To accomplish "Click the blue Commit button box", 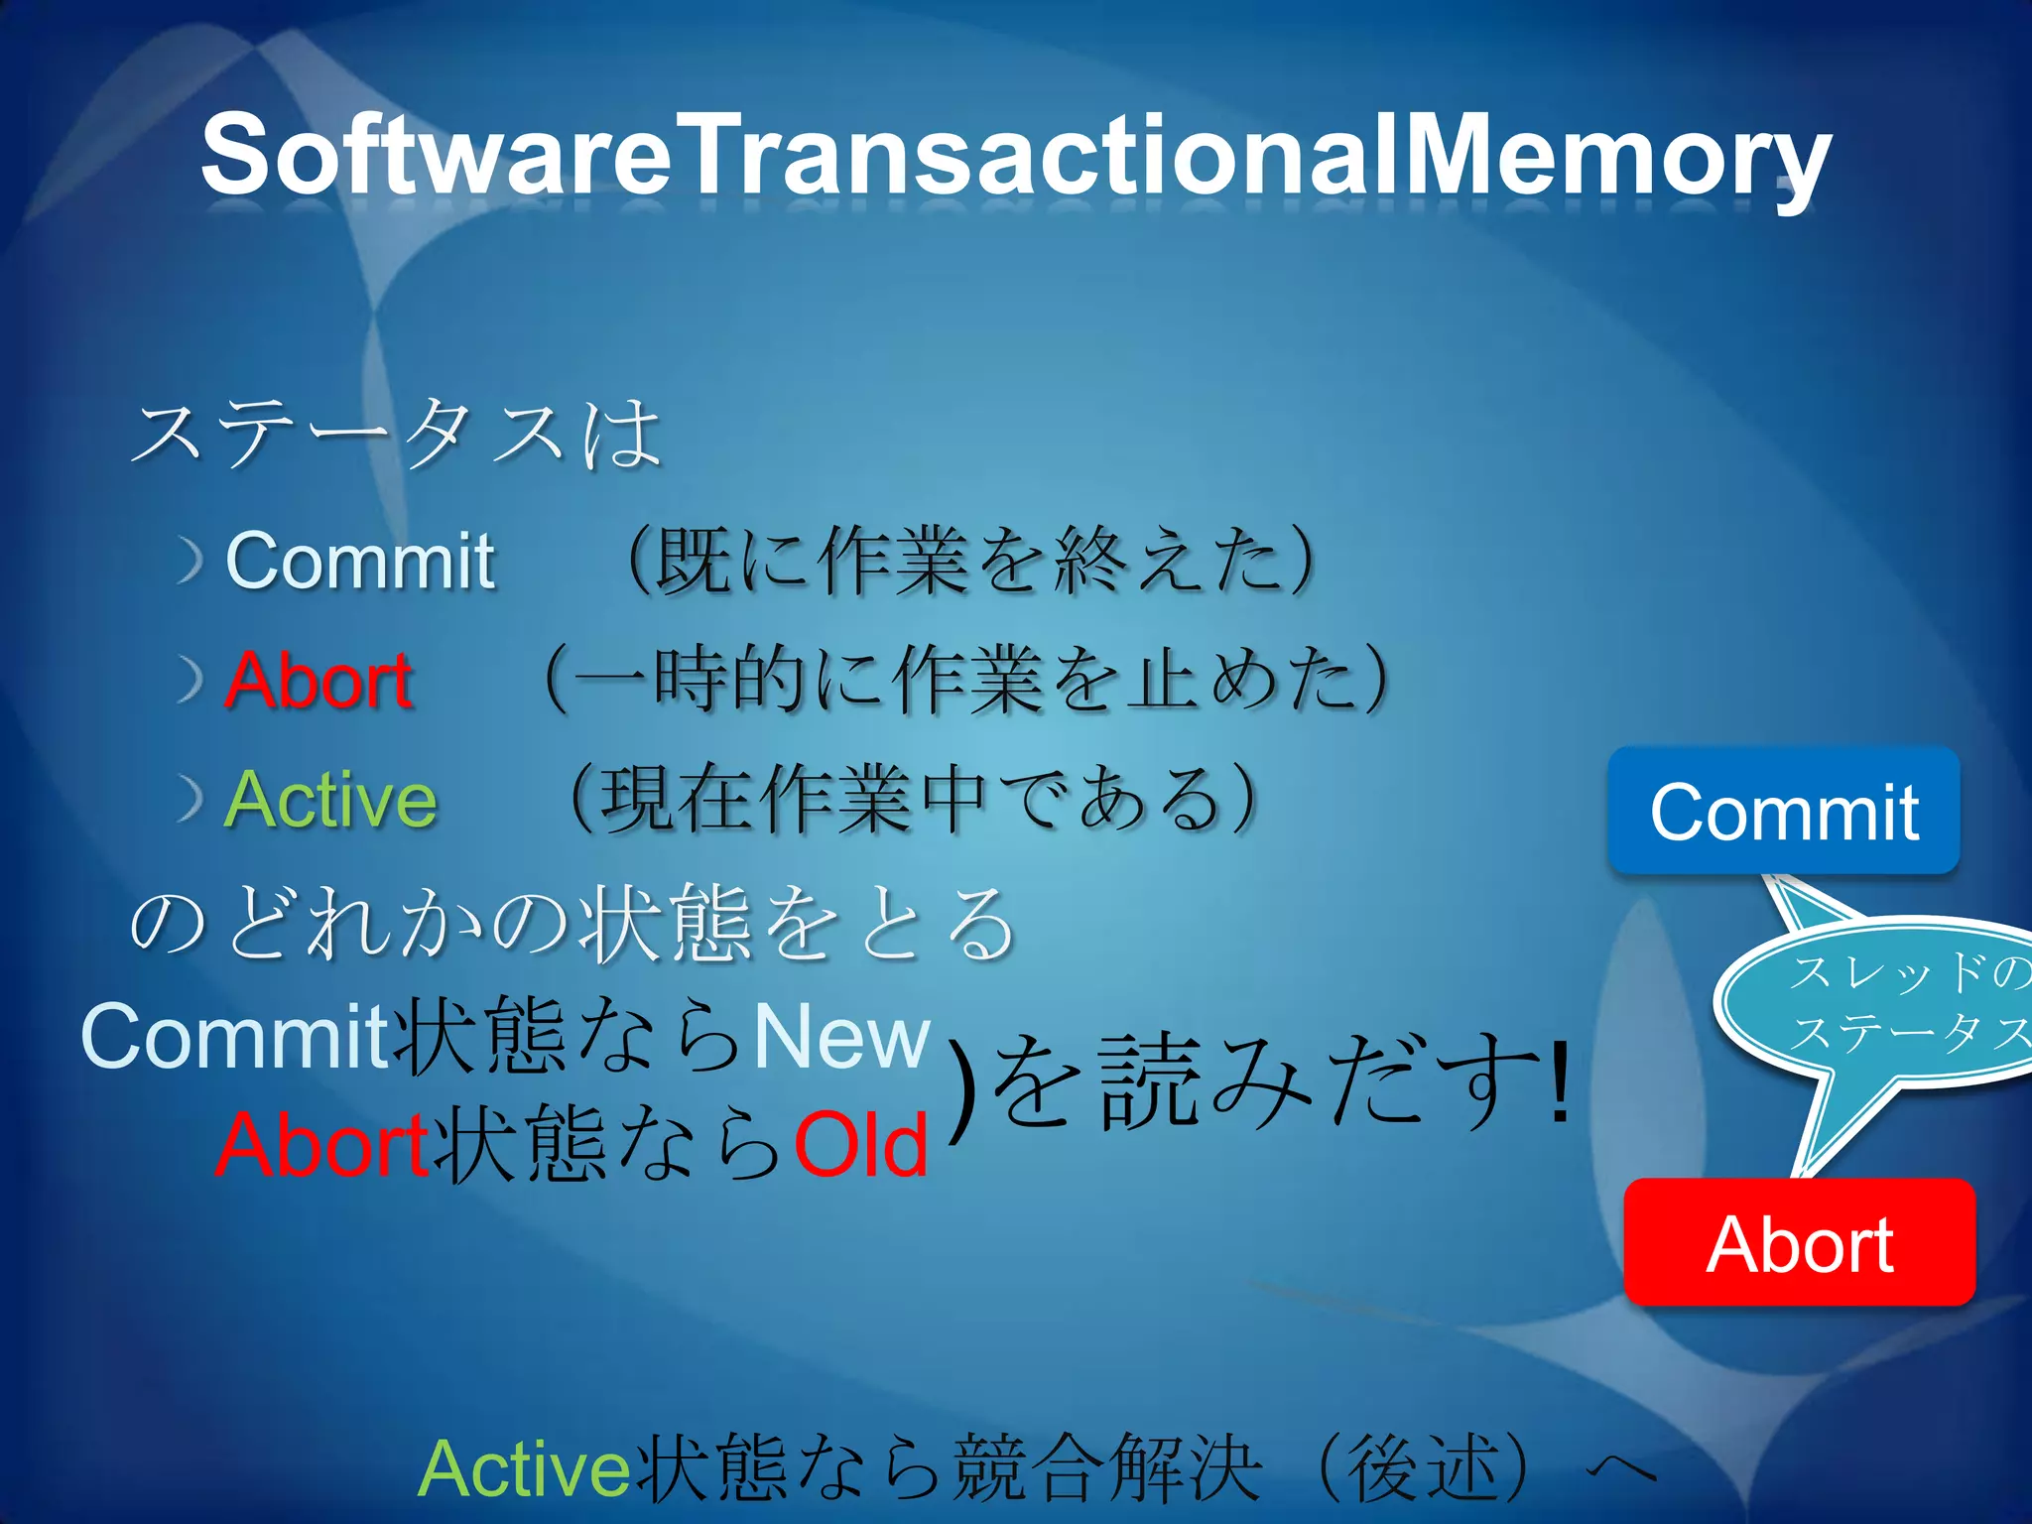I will coord(1783,812).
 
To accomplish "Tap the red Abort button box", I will coord(1799,1242).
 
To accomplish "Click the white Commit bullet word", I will coord(359,562).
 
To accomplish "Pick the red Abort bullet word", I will coord(317,681).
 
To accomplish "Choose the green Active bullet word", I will coord(330,800).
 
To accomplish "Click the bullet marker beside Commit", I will coord(190,562).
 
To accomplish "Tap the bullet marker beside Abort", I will coord(190,682).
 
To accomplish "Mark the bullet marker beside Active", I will coord(190,800).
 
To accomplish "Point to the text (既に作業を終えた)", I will coord(972,562).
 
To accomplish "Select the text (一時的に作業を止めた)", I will coord(967,681).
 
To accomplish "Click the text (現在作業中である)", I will coord(913,800).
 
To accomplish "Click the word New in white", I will coord(841,1037).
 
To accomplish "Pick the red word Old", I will coord(861,1146).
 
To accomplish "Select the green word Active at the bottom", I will coord(524,1468).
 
